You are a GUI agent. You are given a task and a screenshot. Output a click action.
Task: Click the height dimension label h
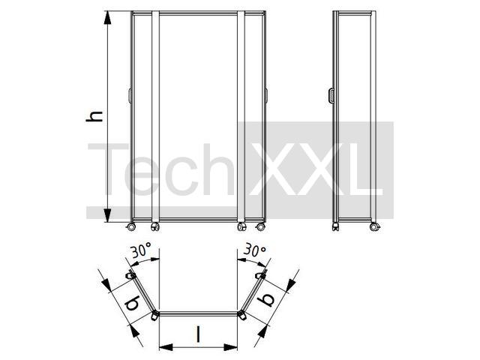click(94, 117)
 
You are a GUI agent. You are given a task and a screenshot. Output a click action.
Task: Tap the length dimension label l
click(199, 334)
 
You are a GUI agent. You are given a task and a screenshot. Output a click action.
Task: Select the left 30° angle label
click(141, 250)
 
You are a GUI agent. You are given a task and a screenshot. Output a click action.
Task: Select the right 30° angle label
click(254, 250)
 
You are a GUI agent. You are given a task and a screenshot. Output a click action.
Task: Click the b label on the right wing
click(265, 298)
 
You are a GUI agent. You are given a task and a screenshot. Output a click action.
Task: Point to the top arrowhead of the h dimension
click(107, 18)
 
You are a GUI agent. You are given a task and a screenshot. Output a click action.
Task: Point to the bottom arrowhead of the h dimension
click(107, 215)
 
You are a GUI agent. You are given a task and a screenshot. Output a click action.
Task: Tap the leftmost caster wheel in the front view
click(131, 226)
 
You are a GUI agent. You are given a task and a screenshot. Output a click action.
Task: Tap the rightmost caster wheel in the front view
click(261, 226)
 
